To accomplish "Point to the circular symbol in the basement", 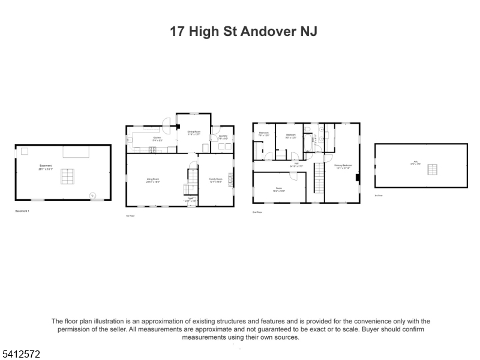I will coord(92,195).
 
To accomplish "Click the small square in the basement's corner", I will coord(25,151).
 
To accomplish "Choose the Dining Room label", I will coord(193,133).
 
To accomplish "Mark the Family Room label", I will coord(215,179).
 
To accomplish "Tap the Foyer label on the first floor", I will coord(190,198).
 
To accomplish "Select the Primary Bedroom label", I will coord(343,166).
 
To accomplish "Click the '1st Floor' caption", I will coord(129,215).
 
